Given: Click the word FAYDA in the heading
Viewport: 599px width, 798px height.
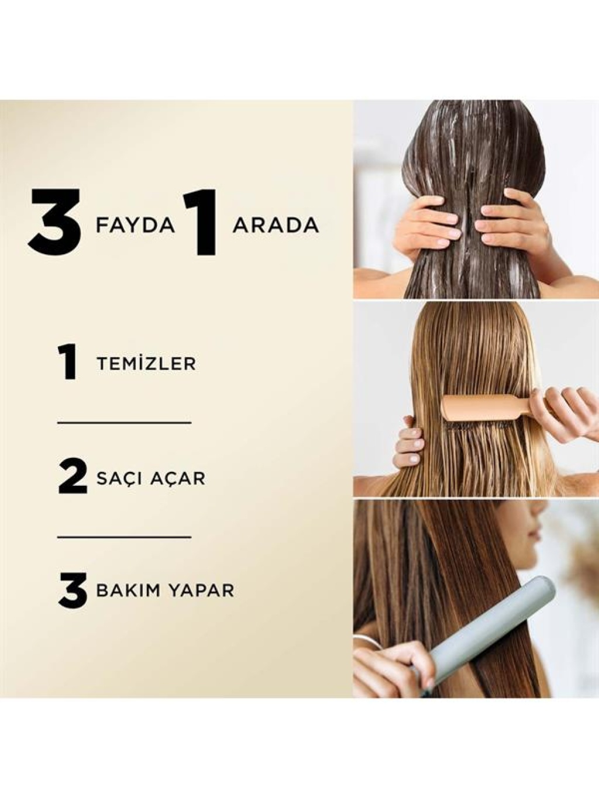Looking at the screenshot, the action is (135, 226).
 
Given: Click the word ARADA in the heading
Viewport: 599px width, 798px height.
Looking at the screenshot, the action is (276, 226).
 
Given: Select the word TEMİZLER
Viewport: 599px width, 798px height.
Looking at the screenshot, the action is (146, 364).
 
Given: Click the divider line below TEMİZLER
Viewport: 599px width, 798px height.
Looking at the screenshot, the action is (124, 423).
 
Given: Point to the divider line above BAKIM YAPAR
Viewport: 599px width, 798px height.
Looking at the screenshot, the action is (124, 536).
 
